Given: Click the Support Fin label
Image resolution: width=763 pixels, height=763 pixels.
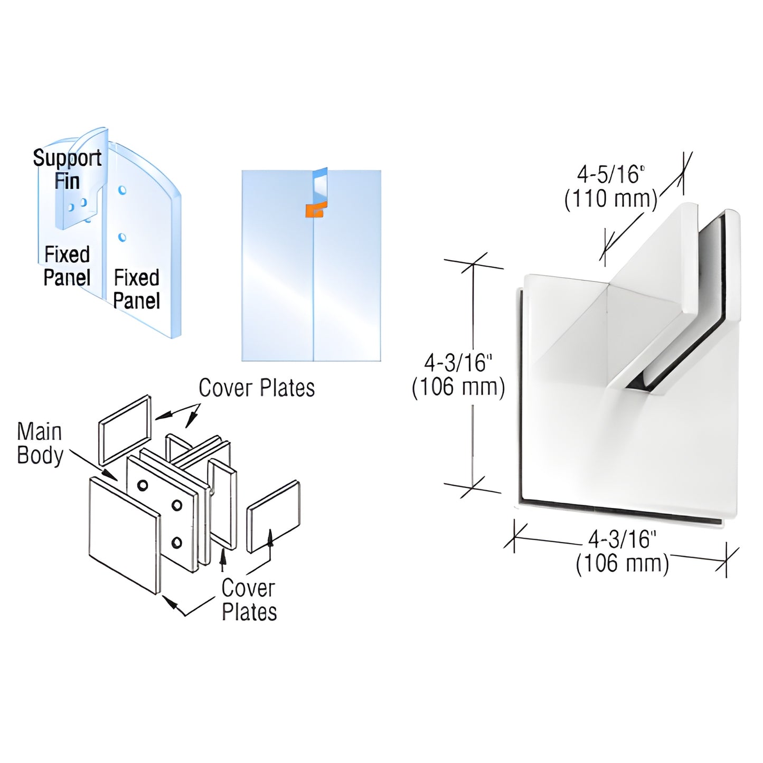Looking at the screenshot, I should (x=67, y=169).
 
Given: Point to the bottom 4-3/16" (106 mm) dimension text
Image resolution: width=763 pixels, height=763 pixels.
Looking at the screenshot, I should (x=622, y=552).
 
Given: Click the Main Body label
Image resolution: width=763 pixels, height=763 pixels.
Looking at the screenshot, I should (x=40, y=444).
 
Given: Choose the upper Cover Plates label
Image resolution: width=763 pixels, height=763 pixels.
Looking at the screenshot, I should (x=257, y=388).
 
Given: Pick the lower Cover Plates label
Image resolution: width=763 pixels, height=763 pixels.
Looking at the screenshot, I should (x=249, y=600).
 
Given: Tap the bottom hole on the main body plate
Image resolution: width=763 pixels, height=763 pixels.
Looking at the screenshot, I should (x=177, y=542).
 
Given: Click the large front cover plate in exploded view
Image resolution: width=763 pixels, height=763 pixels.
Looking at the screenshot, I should (x=124, y=533).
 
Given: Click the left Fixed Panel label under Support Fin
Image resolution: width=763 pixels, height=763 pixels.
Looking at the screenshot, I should (x=67, y=266).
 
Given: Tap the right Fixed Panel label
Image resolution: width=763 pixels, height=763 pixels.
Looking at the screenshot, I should (x=136, y=289).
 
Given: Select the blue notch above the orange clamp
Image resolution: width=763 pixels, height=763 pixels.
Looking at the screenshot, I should (x=320, y=187).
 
